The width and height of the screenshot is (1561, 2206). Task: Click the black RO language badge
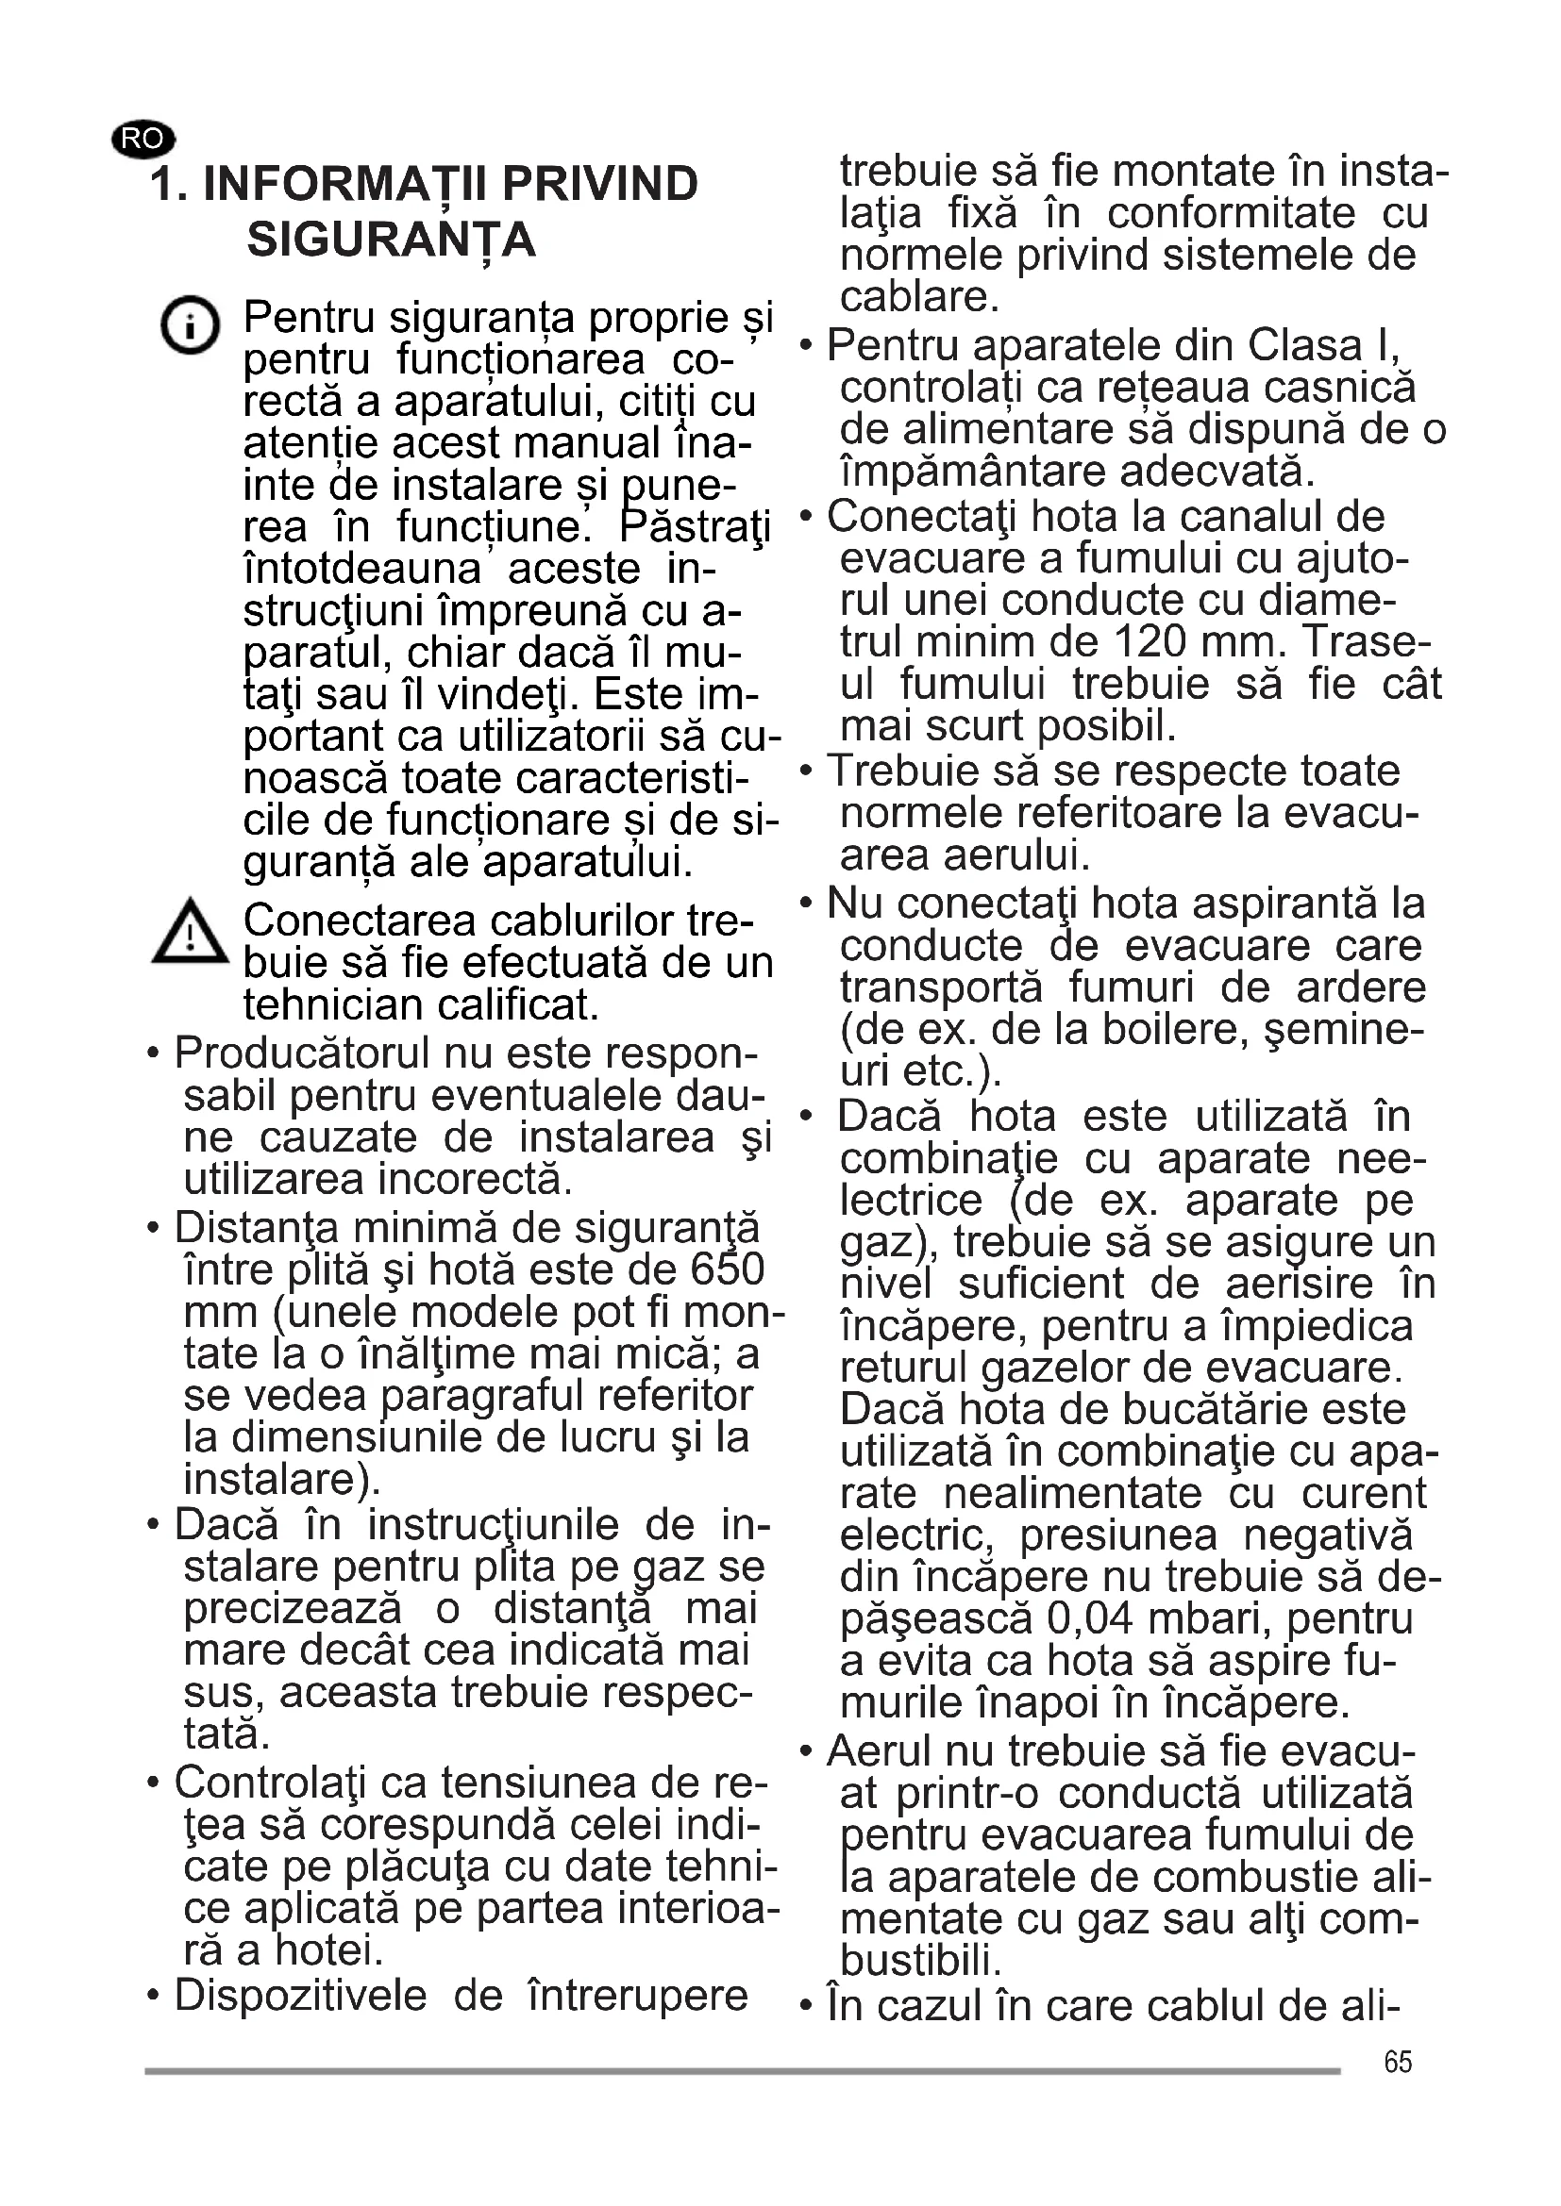coord(143,140)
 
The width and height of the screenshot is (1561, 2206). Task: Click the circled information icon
coord(190,324)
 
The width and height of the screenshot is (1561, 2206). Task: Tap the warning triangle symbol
coord(191,932)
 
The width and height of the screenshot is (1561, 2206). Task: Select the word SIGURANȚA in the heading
coord(392,240)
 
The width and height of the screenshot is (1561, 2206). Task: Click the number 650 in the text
coord(727,1270)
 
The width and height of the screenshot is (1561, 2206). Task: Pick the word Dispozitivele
coord(300,1996)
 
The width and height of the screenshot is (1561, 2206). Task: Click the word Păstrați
coord(696,526)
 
